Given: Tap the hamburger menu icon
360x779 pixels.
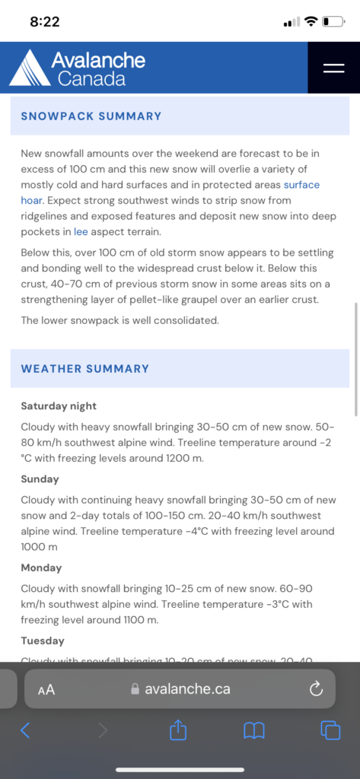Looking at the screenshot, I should tap(333, 68).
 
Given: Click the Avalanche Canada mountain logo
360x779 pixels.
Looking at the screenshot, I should tap(29, 68).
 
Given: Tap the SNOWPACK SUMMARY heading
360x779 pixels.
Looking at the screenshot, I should tap(91, 116).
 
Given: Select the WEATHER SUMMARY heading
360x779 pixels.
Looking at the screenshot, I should tap(85, 369).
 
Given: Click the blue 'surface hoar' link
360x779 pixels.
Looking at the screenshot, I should tap(301, 185).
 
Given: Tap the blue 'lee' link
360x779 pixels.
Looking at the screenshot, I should tap(81, 232).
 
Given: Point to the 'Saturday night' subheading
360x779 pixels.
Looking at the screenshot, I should tap(59, 406).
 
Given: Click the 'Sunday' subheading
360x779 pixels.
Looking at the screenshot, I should tap(40, 479).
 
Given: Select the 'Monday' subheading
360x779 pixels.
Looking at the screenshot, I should tap(41, 568).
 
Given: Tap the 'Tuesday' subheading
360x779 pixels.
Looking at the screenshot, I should tap(43, 641).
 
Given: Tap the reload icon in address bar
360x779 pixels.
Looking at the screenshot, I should tap(317, 689).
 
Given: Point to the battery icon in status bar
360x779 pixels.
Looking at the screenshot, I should tap(333, 21).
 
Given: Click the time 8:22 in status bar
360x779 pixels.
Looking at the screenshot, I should tap(45, 21).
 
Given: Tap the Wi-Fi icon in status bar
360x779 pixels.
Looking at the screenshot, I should tap(311, 21).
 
